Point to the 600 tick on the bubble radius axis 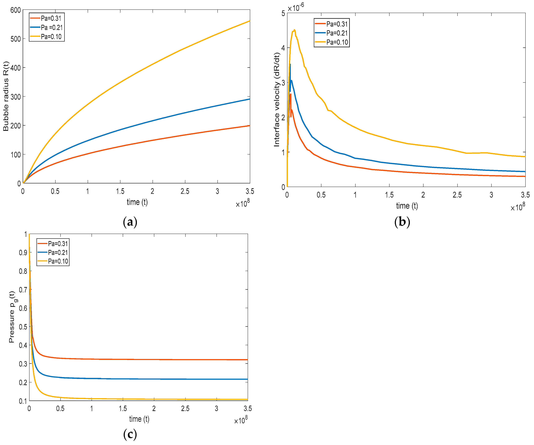(15, 10)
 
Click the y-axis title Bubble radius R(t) (6, 96)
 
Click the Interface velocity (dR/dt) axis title (277, 100)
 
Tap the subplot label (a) (130, 222)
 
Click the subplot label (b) (402, 222)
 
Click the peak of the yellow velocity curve (294, 30)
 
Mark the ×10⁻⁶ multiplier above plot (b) (296, 8)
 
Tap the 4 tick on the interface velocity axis (283, 48)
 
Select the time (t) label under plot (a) (137, 202)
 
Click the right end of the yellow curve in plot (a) (249, 21)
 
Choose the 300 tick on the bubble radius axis (15, 97)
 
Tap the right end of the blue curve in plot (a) (249, 99)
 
